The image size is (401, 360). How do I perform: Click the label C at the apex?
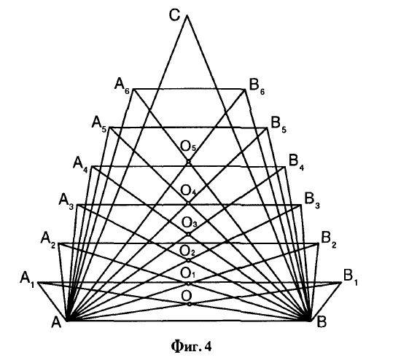point(174,15)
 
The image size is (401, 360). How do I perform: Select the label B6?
point(257,87)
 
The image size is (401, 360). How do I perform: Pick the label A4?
point(80,165)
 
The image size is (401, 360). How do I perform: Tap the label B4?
point(297,163)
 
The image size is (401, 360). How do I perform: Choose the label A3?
point(66,201)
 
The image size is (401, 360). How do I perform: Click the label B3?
point(312,200)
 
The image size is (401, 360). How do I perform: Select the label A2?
point(48,240)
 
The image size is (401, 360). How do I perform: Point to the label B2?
point(329,240)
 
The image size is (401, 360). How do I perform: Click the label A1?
point(27,279)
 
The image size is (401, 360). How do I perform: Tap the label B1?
point(351,278)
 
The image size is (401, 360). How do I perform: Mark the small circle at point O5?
point(189,162)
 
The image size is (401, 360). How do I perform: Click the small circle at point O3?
point(189,234)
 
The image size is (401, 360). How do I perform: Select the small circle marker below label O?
point(189,304)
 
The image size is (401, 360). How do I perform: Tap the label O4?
point(188,191)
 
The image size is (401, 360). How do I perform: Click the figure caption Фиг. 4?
point(191,346)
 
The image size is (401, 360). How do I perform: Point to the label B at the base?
point(322,321)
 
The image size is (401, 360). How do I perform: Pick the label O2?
point(187,251)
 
